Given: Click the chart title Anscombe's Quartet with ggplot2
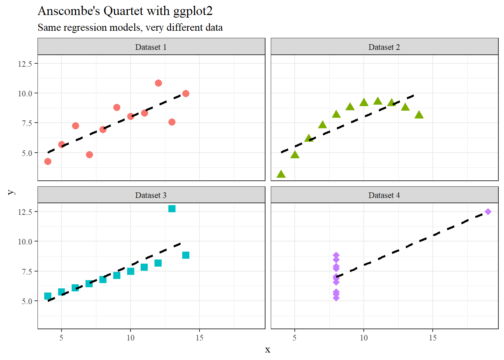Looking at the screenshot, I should pyautogui.click(x=125, y=11).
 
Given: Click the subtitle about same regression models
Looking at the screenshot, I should pyautogui.click(x=130, y=28).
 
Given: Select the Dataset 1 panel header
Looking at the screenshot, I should pyautogui.click(x=151, y=47).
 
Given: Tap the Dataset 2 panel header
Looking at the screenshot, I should pyautogui.click(x=384, y=47).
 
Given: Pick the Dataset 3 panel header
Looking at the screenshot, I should pyautogui.click(x=151, y=195).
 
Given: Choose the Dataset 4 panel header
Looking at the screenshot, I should pyautogui.click(x=384, y=195).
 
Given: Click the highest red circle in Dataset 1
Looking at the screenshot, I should pyautogui.click(x=158, y=83).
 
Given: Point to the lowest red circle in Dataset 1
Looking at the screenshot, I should pyautogui.click(x=48, y=161).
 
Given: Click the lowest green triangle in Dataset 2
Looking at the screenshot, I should pyautogui.click(x=281, y=174).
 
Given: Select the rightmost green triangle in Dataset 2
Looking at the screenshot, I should pyautogui.click(x=419, y=115).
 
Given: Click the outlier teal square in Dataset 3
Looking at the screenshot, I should pyautogui.click(x=172, y=208).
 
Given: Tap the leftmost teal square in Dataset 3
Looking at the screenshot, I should pyautogui.click(x=48, y=296).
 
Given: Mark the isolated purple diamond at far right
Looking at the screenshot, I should pyautogui.click(x=488, y=212).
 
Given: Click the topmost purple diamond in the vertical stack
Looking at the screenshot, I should pyautogui.click(x=336, y=255).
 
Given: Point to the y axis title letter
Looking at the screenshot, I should pyautogui.click(x=11, y=192).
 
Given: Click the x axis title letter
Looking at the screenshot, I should pyautogui.click(x=267, y=349).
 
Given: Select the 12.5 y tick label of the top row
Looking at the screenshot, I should pyautogui.click(x=25, y=64).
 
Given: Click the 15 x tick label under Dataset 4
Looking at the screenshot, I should pyautogui.click(x=432, y=338).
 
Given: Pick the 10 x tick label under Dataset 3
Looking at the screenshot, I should pyautogui.click(x=130, y=338).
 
